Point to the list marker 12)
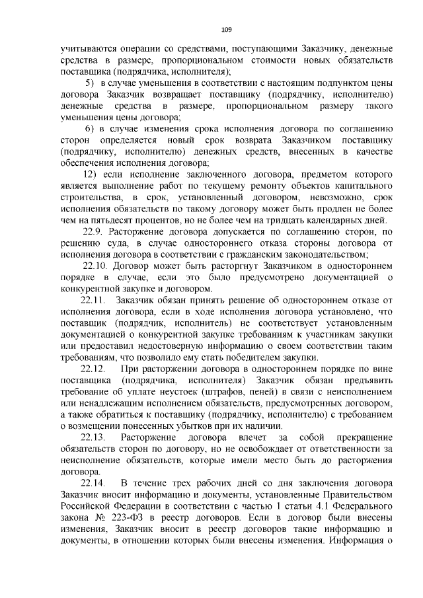tap(93, 174)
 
